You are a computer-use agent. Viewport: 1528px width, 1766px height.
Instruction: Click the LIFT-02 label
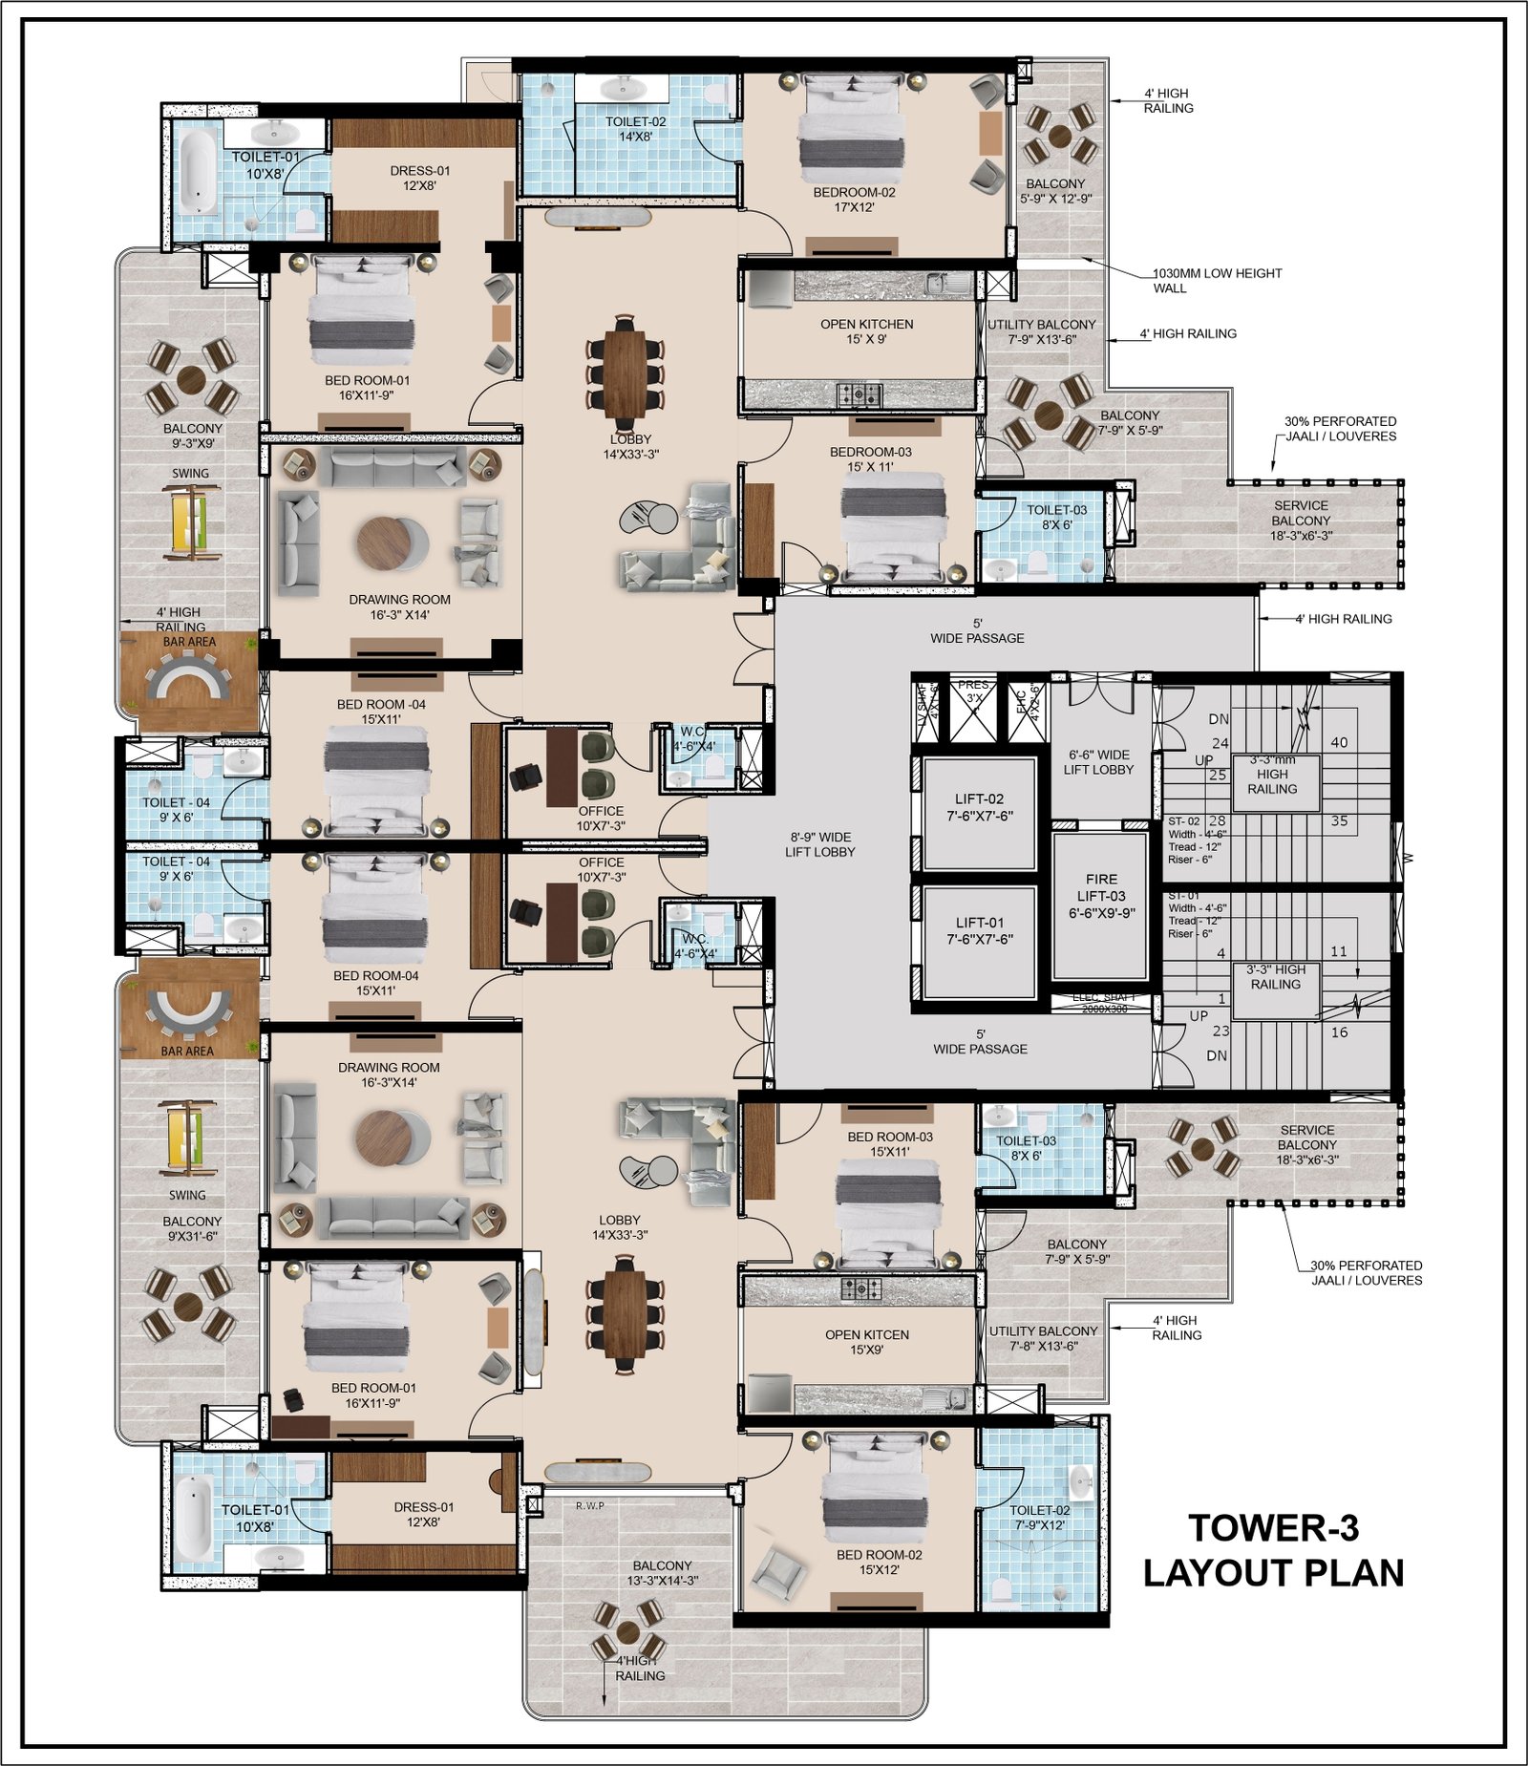click(x=979, y=807)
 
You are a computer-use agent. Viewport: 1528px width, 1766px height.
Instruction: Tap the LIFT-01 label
click(x=979, y=930)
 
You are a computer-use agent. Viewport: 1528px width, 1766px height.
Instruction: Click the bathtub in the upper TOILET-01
click(x=200, y=172)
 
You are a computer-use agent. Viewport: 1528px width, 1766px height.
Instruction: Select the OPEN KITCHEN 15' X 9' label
click(x=866, y=331)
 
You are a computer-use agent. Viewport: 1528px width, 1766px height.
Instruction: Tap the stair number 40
click(x=1339, y=742)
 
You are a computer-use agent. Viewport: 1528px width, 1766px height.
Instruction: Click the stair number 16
click(x=1339, y=1032)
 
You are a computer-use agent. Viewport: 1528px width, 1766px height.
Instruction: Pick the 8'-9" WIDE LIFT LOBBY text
click(x=819, y=844)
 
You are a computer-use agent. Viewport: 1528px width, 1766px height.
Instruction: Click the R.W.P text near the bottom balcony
click(x=589, y=1505)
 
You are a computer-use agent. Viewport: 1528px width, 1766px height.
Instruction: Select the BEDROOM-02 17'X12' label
click(x=854, y=199)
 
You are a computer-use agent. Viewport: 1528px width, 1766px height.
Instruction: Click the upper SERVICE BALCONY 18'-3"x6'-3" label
click(x=1300, y=521)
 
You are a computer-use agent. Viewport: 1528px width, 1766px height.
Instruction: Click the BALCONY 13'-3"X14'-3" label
click(x=662, y=1572)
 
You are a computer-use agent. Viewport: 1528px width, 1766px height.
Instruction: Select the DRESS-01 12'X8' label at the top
click(x=419, y=178)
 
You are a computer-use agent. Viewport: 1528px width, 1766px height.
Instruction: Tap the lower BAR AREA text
click(x=187, y=1051)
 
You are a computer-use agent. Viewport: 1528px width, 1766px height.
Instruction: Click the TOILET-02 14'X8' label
click(x=635, y=129)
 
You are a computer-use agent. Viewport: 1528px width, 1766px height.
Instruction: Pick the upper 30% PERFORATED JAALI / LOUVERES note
click(x=1339, y=428)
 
